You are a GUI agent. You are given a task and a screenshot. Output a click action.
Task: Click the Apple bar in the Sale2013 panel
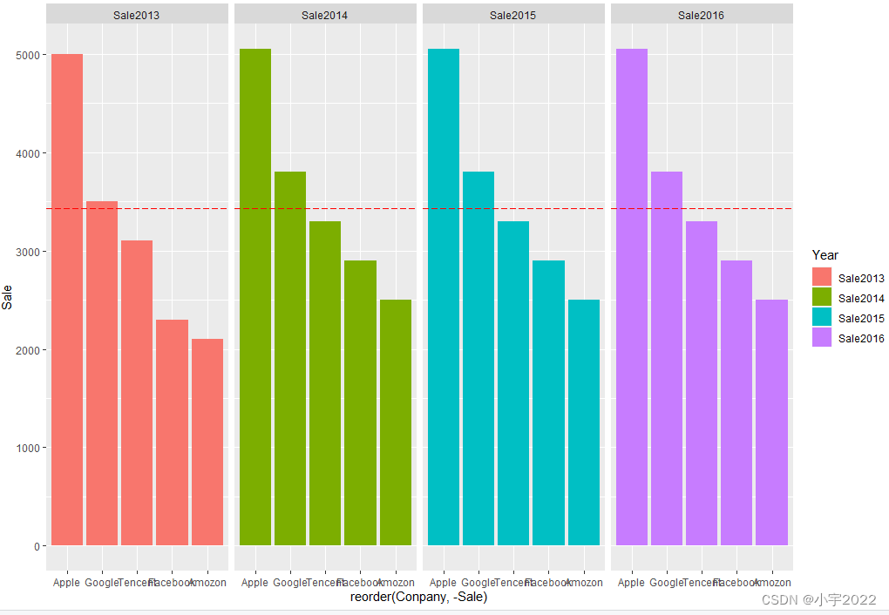tap(67, 300)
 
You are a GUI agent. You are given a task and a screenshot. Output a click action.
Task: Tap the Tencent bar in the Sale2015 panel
tap(513, 383)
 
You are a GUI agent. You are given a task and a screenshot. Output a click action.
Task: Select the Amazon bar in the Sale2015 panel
tap(584, 422)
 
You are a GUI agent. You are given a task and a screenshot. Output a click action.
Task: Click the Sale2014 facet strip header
tap(324, 15)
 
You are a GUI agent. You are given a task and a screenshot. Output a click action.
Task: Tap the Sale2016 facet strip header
tap(701, 15)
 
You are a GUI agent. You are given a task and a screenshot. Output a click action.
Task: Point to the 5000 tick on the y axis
tap(29, 55)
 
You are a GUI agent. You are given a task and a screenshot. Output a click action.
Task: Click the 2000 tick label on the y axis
tap(29, 350)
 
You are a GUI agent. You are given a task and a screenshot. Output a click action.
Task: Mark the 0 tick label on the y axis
tap(37, 546)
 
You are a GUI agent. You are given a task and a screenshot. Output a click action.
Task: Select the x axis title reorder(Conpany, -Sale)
tap(418, 598)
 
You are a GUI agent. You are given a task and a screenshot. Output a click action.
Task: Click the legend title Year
tap(825, 255)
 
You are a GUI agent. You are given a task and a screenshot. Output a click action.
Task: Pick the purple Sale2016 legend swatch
tap(822, 338)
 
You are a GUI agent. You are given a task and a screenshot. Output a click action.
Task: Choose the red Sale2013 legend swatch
tap(822, 278)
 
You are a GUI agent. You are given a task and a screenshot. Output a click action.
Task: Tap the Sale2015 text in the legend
tap(861, 319)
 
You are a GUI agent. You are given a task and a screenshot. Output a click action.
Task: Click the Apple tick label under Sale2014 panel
tap(254, 583)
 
